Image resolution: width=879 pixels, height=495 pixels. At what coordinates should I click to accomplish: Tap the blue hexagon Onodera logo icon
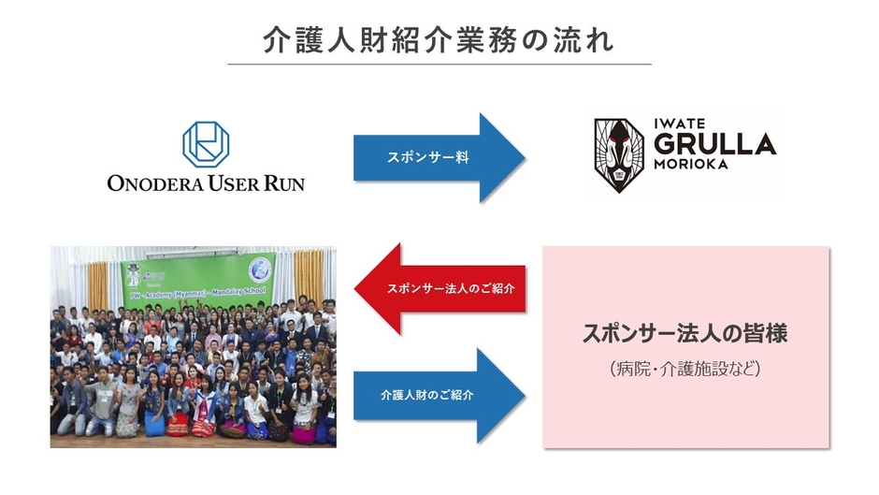click(206, 144)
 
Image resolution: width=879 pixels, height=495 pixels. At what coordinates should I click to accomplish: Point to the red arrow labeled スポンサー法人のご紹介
click(439, 288)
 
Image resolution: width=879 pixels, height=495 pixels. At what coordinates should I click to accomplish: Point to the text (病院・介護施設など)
click(686, 369)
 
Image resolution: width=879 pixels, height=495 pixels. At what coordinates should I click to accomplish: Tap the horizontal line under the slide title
click(439, 65)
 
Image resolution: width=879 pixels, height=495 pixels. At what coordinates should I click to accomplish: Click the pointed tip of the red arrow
click(356, 288)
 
